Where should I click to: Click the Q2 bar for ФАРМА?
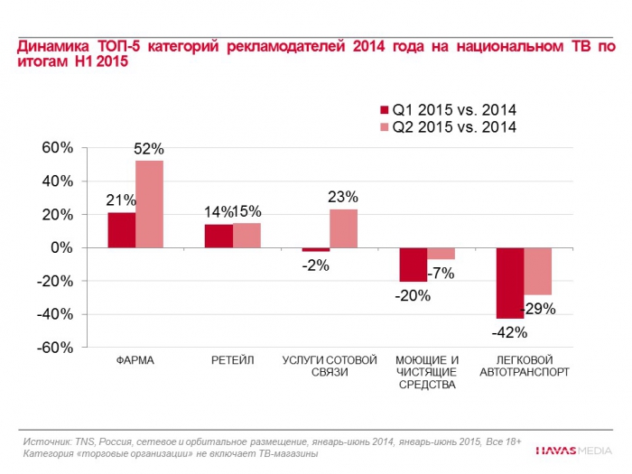tap(149, 203)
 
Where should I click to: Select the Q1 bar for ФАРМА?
tap(122, 229)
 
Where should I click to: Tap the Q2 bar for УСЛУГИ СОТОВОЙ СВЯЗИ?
tap(343, 228)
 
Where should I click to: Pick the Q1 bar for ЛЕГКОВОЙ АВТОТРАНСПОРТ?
tap(510, 283)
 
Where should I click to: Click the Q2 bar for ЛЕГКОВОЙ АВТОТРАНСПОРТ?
tap(538, 271)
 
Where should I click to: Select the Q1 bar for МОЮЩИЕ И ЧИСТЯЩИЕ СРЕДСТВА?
tap(414, 265)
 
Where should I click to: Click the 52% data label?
tap(149, 148)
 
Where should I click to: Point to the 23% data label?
tap(343, 197)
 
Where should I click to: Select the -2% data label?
tap(316, 265)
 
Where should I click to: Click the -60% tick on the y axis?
tap(53, 348)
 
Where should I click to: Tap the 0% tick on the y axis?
tap(61, 247)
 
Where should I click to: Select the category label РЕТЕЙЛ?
tap(232, 360)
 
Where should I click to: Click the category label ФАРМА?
tap(135, 360)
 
